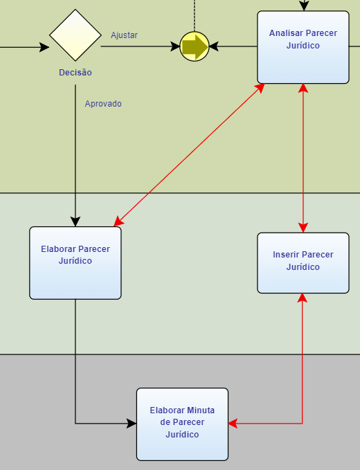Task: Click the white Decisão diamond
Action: (x=75, y=35)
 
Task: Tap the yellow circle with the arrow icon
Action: (x=195, y=46)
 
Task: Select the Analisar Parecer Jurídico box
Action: (x=303, y=47)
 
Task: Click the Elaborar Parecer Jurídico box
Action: (x=75, y=263)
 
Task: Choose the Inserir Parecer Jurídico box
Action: (x=303, y=263)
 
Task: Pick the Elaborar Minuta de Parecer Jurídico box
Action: (x=182, y=424)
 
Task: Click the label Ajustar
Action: (x=124, y=35)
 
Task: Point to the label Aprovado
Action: (x=103, y=104)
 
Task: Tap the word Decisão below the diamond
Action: (x=75, y=73)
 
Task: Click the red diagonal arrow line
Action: (x=189, y=154)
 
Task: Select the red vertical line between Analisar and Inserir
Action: (x=303, y=158)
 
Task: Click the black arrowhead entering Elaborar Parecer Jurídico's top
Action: (x=75, y=222)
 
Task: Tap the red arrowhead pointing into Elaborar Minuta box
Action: (x=233, y=424)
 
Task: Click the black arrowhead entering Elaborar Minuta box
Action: (x=132, y=424)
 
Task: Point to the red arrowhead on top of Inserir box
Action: (x=303, y=228)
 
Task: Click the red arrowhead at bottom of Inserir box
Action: (x=302, y=298)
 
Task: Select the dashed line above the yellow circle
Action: (x=195, y=16)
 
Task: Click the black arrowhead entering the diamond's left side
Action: (x=44, y=47)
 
